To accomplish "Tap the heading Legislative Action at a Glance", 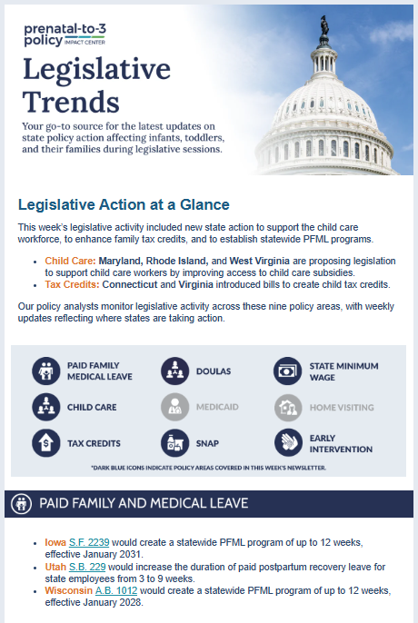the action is tap(124, 204).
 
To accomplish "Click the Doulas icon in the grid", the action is tap(174, 371).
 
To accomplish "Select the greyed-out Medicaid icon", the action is tap(174, 407).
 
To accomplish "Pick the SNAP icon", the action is tap(174, 443).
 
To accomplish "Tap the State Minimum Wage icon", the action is tap(287, 371).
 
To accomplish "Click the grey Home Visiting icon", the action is tap(287, 407).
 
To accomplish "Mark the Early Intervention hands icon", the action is tap(287, 443).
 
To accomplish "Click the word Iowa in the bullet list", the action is tap(55, 542).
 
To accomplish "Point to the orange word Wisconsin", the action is tap(68, 589).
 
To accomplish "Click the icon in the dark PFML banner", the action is tap(22, 502).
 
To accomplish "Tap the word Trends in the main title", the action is tap(70, 101).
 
